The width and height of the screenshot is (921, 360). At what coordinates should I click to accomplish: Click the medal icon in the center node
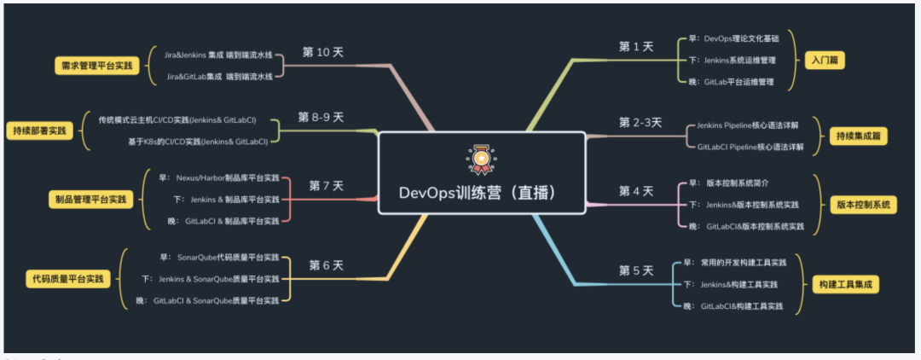481,159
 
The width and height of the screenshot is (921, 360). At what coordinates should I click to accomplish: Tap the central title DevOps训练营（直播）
481,192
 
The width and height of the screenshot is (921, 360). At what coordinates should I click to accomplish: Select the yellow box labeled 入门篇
825,61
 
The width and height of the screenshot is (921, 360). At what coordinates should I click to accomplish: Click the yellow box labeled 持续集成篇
855,136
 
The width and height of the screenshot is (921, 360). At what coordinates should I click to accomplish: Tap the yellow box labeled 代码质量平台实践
69,279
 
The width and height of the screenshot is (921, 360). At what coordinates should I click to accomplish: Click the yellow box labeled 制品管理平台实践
87,200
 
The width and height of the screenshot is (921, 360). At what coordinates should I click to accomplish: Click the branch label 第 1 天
636,47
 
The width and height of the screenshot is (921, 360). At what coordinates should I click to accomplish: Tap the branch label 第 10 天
323,52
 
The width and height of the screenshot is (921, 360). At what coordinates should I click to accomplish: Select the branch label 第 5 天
636,271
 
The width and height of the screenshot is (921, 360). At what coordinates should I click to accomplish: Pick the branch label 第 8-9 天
321,117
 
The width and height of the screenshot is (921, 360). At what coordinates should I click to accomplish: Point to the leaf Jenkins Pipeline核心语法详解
748,125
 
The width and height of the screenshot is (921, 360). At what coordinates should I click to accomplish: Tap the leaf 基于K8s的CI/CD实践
198,141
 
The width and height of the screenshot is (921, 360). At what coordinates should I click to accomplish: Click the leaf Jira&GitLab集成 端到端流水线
219,76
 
